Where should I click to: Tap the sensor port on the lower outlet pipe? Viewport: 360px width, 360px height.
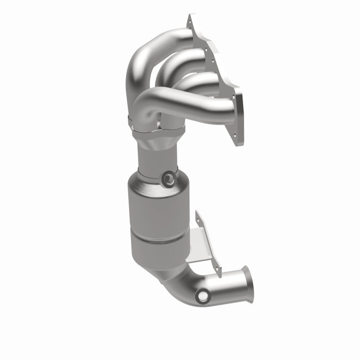coord(202,297)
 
